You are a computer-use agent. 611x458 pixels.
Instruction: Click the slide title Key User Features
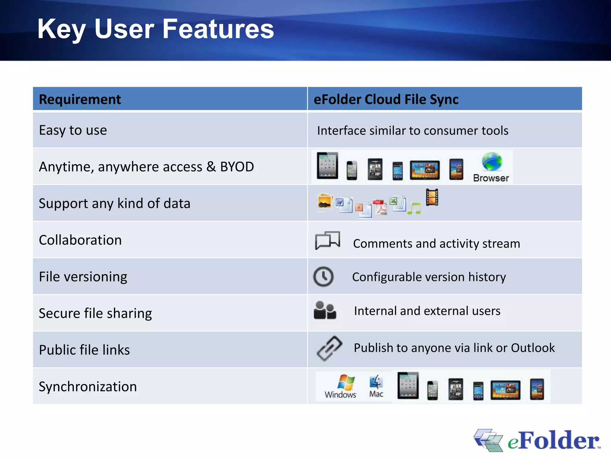155,29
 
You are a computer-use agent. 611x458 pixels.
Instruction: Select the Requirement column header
80,99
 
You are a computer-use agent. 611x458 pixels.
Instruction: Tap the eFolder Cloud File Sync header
386,99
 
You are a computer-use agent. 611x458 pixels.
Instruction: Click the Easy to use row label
73,130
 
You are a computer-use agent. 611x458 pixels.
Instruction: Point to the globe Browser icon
492,163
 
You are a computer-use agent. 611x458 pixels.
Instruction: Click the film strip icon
432,197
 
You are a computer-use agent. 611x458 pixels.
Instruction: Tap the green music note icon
414,208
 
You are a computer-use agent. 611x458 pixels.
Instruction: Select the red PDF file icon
380,207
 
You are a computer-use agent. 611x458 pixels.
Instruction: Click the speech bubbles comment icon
327,240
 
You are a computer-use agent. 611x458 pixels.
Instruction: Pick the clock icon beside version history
323,277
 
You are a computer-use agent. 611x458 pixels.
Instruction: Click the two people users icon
325,310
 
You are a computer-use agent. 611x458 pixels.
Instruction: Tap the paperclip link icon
329,348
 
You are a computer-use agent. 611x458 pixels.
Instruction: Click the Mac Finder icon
376,382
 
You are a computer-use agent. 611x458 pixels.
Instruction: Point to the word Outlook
533,348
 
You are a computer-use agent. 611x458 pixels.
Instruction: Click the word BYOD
237,167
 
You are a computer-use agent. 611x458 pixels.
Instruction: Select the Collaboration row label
80,240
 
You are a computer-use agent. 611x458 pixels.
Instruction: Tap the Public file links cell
84,350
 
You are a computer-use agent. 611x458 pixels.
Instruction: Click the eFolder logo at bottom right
537,440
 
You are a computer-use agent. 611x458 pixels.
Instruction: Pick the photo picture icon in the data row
324,202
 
